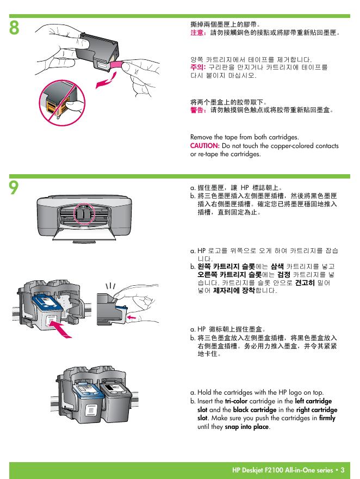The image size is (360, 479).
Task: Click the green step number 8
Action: (14, 28)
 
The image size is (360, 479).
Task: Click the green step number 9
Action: (14, 187)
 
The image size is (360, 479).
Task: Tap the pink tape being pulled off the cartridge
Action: (116, 64)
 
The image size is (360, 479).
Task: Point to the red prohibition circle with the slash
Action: (62, 102)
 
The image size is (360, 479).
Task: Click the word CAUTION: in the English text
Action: (204, 146)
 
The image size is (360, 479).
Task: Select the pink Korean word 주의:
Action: (198, 67)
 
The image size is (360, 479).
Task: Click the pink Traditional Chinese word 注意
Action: (197, 32)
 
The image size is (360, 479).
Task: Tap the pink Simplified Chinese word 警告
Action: (197, 109)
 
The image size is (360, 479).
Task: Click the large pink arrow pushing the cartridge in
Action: (61, 328)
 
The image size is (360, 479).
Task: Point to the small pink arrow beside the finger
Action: (132, 318)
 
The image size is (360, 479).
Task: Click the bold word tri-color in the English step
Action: (236, 401)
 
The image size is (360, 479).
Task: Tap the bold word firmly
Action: (327, 417)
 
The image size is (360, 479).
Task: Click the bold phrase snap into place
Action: (247, 427)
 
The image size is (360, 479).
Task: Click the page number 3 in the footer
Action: (343, 470)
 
